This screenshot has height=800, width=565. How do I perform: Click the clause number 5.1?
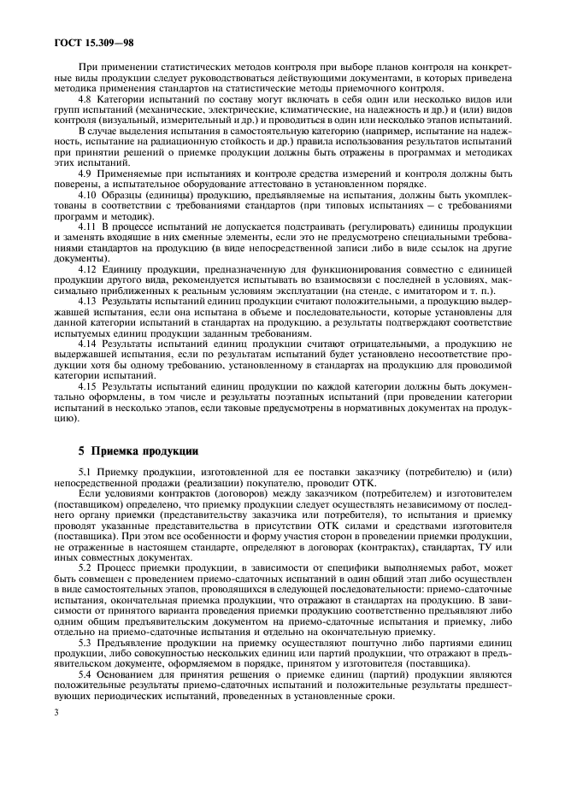(x=85, y=472)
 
